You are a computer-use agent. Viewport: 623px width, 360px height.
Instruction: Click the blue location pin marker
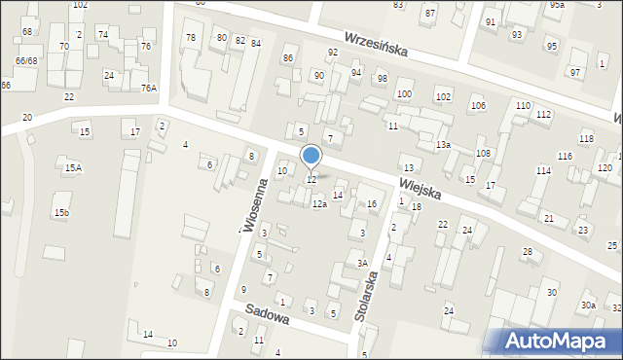pos(311,156)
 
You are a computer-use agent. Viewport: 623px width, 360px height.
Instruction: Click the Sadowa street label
pos(268,313)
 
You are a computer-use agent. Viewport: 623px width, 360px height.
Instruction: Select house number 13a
pos(444,145)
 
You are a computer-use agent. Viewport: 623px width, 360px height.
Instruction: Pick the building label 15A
pos(73,168)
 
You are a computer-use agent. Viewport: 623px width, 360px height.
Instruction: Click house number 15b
pos(61,212)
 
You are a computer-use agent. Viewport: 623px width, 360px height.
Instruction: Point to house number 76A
pos(148,88)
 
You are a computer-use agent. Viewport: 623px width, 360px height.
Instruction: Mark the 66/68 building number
pos(26,61)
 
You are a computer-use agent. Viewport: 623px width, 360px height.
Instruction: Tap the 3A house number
pos(361,263)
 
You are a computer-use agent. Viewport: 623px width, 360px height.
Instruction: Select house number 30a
pos(588,306)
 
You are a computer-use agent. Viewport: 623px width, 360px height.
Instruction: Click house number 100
pos(404,94)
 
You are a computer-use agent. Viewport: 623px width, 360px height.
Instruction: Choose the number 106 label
pos(477,105)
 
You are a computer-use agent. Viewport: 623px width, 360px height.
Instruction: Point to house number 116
pos(565,157)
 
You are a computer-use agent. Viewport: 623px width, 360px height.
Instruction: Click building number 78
pos(191,38)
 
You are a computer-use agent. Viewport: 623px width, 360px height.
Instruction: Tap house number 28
pos(527,252)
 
